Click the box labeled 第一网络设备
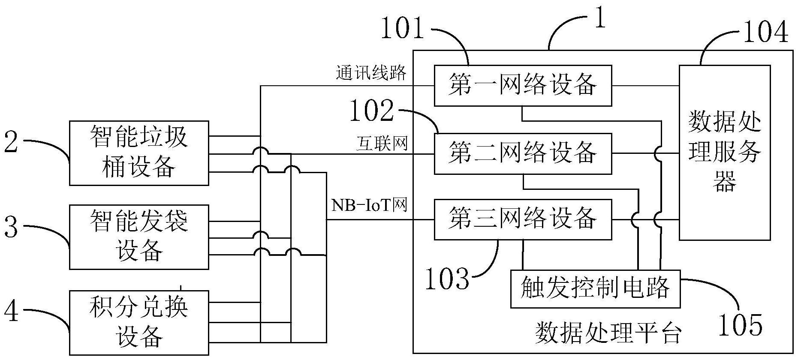pos(522,85)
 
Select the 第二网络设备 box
pos(522,153)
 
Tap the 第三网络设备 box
pos(522,219)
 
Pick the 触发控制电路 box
pos(595,288)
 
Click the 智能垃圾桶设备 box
pos(139,153)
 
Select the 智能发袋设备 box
pos(139,237)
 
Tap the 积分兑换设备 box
pos(139,322)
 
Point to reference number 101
pos(402,29)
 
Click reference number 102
pos(372,111)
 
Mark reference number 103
pos(447,279)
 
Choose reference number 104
pos(765,32)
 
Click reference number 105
pos(741,325)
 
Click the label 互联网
pos(382,144)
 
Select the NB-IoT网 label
pos(369,206)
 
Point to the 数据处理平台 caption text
pos(608,334)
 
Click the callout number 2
pos(12,143)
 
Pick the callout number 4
pos(12,312)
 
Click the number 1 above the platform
pos(601,19)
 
